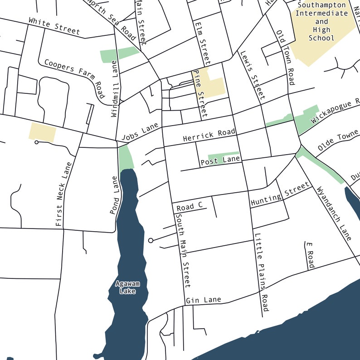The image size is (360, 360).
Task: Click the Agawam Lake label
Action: (x=127, y=287)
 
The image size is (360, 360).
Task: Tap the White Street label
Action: (x=54, y=26)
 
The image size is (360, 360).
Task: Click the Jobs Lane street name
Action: (x=140, y=132)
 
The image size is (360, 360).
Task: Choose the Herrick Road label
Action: (x=209, y=135)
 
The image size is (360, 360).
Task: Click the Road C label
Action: (x=190, y=207)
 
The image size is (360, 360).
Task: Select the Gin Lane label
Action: (x=203, y=300)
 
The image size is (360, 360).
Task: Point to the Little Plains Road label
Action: (x=262, y=272)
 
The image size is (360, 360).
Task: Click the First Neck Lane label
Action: (x=64, y=194)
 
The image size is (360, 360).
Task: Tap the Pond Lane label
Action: (x=115, y=195)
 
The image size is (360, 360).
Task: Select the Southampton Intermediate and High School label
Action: (x=321, y=22)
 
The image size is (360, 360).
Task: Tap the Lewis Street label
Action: (x=253, y=75)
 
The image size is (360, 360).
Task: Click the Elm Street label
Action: (x=202, y=42)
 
